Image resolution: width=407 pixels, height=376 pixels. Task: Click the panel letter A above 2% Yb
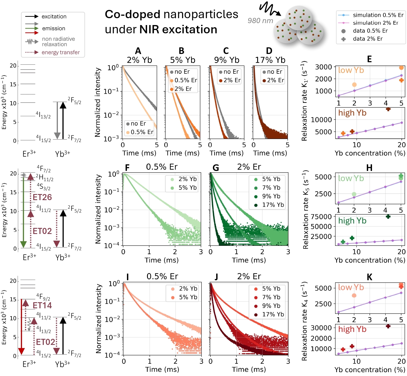[138, 51]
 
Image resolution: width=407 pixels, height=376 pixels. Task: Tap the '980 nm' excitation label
[260, 21]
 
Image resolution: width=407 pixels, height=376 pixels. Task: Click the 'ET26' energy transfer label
[42, 197]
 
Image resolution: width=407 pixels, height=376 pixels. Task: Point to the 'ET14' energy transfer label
[42, 305]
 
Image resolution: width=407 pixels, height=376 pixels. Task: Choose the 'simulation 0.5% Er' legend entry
[378, 15]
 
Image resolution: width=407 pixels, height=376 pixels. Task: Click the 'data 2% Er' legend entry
[368, 39]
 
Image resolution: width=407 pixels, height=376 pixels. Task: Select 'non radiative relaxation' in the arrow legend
[58, 42]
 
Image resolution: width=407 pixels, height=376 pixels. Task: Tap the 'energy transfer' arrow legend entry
[61, 52]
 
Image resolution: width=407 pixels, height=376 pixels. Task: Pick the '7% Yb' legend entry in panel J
[271, 297]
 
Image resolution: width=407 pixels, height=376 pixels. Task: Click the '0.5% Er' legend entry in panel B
[186, 80]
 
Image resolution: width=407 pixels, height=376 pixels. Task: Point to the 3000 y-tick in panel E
[323, 67]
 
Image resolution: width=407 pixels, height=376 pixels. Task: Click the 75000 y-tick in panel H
[321, 217]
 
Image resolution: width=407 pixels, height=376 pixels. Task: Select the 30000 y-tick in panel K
[321, 328]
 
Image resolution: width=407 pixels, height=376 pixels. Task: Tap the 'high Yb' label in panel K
[352, 329]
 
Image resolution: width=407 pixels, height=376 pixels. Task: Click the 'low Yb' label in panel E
[351, 70]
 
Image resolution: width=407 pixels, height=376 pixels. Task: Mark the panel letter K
[370, 277]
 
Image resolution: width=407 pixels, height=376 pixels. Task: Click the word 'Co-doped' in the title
[132, 14]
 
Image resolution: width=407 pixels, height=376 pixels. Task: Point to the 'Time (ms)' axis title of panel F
[162, 260]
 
